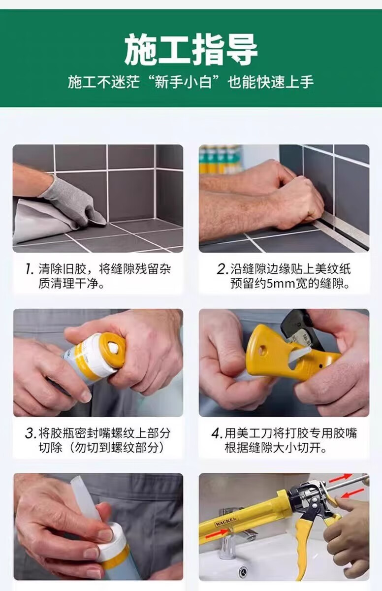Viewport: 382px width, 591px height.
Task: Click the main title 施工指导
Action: click(191, 50)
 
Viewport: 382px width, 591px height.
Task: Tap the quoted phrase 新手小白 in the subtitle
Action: click(183, 82)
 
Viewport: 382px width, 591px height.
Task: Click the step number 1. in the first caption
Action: click(30, 269)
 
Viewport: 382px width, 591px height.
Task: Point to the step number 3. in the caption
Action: click(31, 433)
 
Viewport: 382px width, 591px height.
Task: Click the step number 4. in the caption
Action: click(217, 433)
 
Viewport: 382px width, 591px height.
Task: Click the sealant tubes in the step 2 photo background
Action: click(220, 160)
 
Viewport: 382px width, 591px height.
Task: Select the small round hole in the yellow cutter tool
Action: click(263, 350)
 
